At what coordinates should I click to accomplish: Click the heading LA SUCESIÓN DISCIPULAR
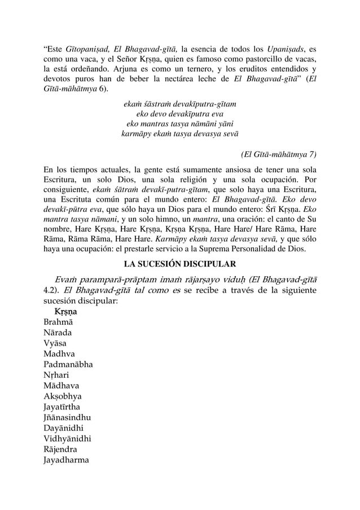[179, 264]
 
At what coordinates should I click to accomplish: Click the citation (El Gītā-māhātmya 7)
[278, 154]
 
